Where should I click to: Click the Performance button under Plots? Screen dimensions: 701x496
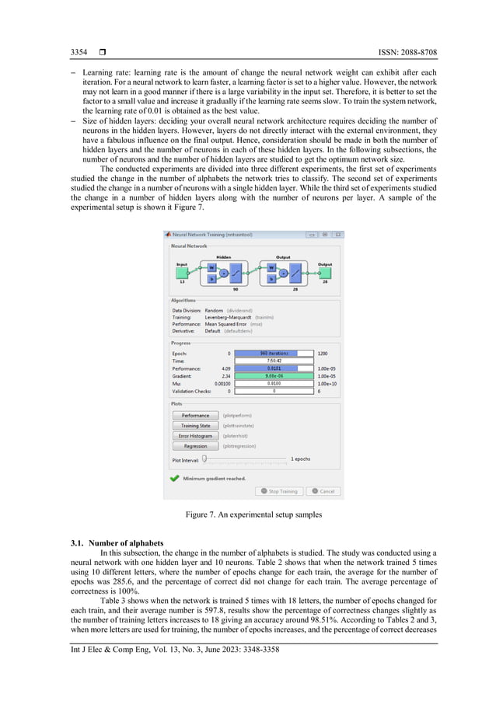coord(195,415)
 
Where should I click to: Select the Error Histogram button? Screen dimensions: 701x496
coord(195,436)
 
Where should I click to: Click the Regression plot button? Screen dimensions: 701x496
coord(195,446)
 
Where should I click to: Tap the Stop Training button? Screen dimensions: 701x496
coord(279,491)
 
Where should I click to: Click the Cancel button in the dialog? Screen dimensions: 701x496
coord(323,491)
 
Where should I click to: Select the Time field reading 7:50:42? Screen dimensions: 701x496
coord(274,361)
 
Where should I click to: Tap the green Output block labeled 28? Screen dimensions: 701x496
coord(324,273)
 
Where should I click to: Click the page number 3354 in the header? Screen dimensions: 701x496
coord(79,52)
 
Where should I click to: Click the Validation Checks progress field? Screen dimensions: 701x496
coord(274,391)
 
